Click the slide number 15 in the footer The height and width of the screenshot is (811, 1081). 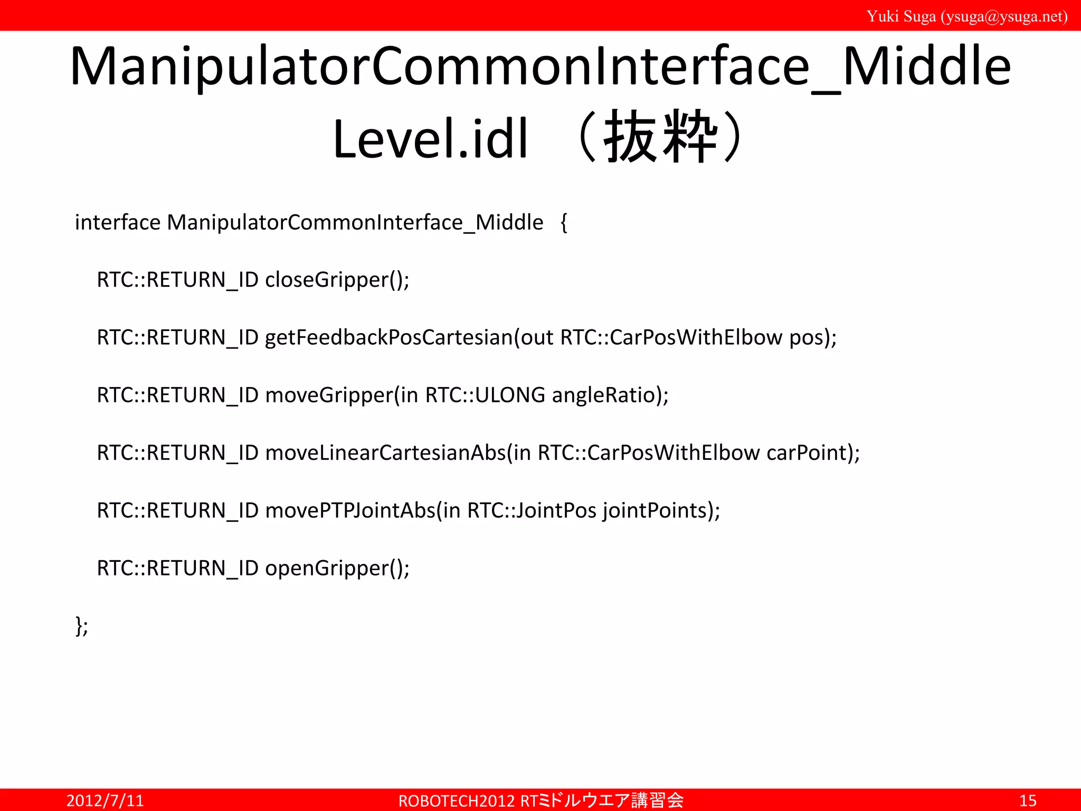click(1028, 800)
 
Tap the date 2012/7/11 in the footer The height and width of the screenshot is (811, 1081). click(105, 800)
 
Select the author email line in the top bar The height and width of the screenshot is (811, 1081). click(966, 16)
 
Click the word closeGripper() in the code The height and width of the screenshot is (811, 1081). click(337, 280)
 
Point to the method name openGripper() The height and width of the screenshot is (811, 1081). click(337, 568)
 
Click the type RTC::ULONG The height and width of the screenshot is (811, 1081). click(485, 395)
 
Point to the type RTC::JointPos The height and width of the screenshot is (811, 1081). click(532, 511)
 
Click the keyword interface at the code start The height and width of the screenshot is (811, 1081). click(117, 222)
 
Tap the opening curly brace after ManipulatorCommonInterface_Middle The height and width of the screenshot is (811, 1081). click(564, 223)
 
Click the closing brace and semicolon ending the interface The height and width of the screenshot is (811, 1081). click(82, 626)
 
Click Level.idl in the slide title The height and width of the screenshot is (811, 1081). click(430, 139)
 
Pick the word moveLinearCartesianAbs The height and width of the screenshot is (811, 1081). click(385, 452)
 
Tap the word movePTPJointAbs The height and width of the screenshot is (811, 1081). click(350, 511)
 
